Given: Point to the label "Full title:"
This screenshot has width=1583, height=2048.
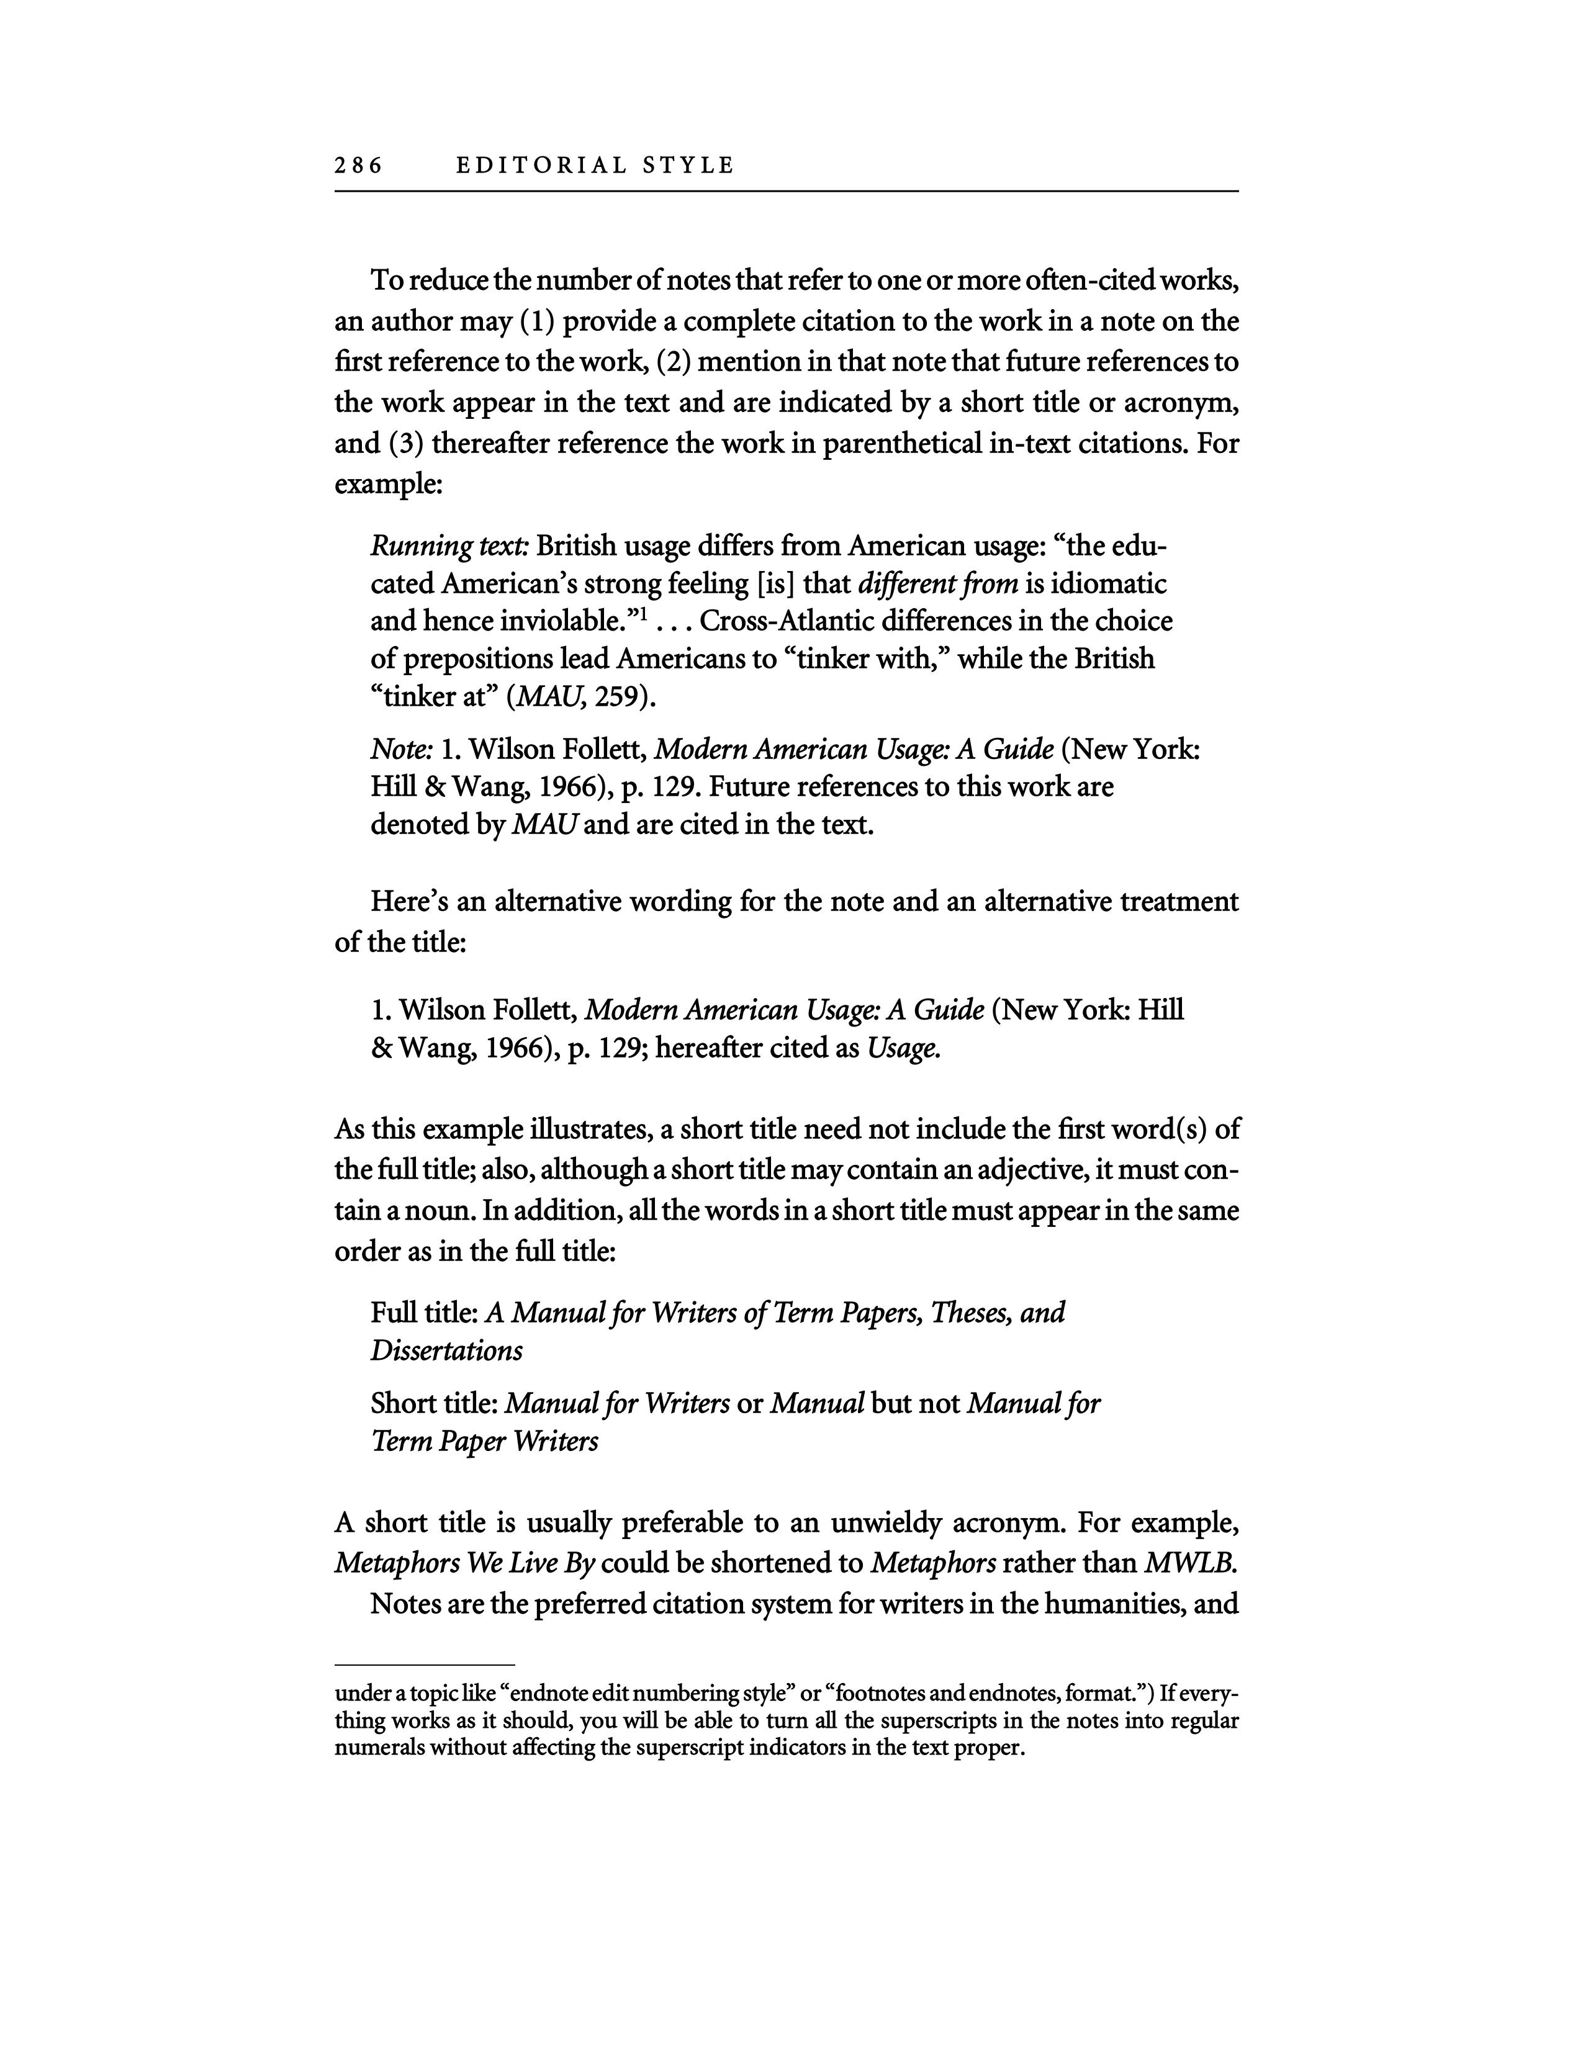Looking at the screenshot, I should pos(425,1312).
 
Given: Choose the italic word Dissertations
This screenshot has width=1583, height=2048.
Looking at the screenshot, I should pos(446,1350).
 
